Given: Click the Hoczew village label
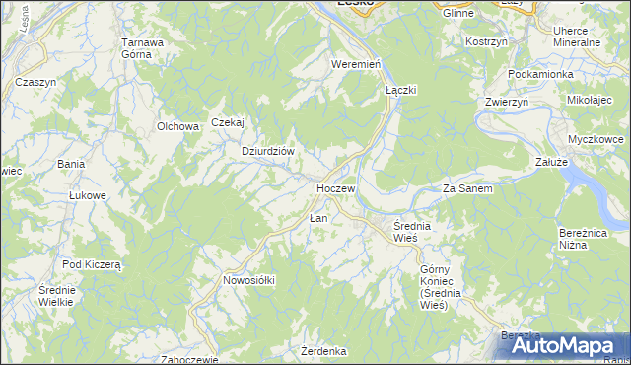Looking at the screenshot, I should [x=334, y=187].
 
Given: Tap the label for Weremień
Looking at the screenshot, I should [x=356, y=63].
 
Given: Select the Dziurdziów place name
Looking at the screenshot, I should [x=269, y=151].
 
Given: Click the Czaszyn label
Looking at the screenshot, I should [x=35, y=82].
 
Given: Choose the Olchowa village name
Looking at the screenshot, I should [x=178, y=126].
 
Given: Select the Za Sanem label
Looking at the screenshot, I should [x=466, y=187].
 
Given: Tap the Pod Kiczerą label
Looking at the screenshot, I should [x=91, y=264].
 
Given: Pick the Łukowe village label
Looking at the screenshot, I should [x=87, y=195].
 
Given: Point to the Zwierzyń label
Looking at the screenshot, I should [x=507, y=102].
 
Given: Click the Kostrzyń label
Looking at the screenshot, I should [x=486, y=42].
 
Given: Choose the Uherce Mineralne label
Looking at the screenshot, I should [x=577, y=37].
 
